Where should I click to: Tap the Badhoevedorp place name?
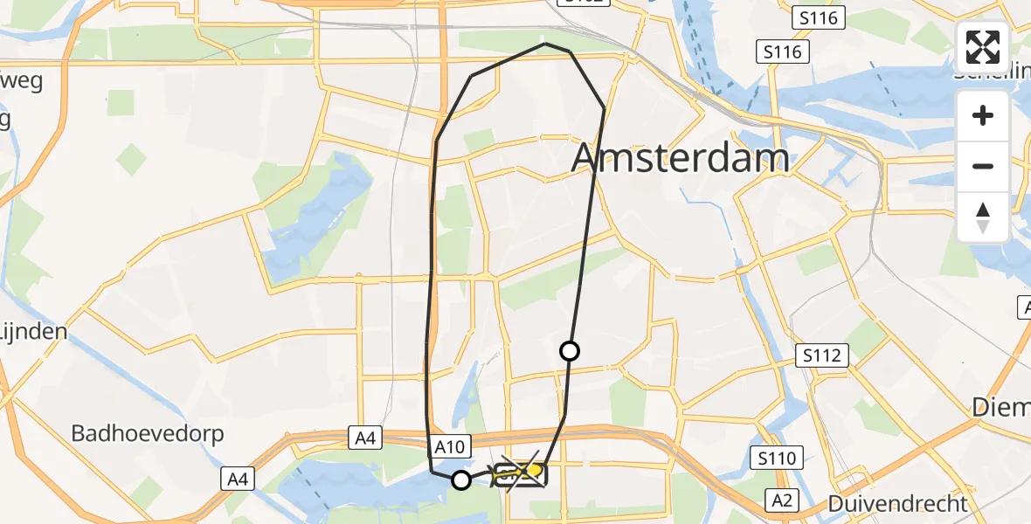148,433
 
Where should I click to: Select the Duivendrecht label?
897,503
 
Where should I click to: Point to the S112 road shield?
823,355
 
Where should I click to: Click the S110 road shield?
776,458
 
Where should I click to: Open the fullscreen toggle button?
983,47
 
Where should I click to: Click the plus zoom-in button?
983,116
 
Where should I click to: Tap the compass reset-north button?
983,217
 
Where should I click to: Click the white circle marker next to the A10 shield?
460,479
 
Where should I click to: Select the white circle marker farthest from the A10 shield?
569,351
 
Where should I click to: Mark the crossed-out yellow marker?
522,474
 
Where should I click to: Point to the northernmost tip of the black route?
545,43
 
